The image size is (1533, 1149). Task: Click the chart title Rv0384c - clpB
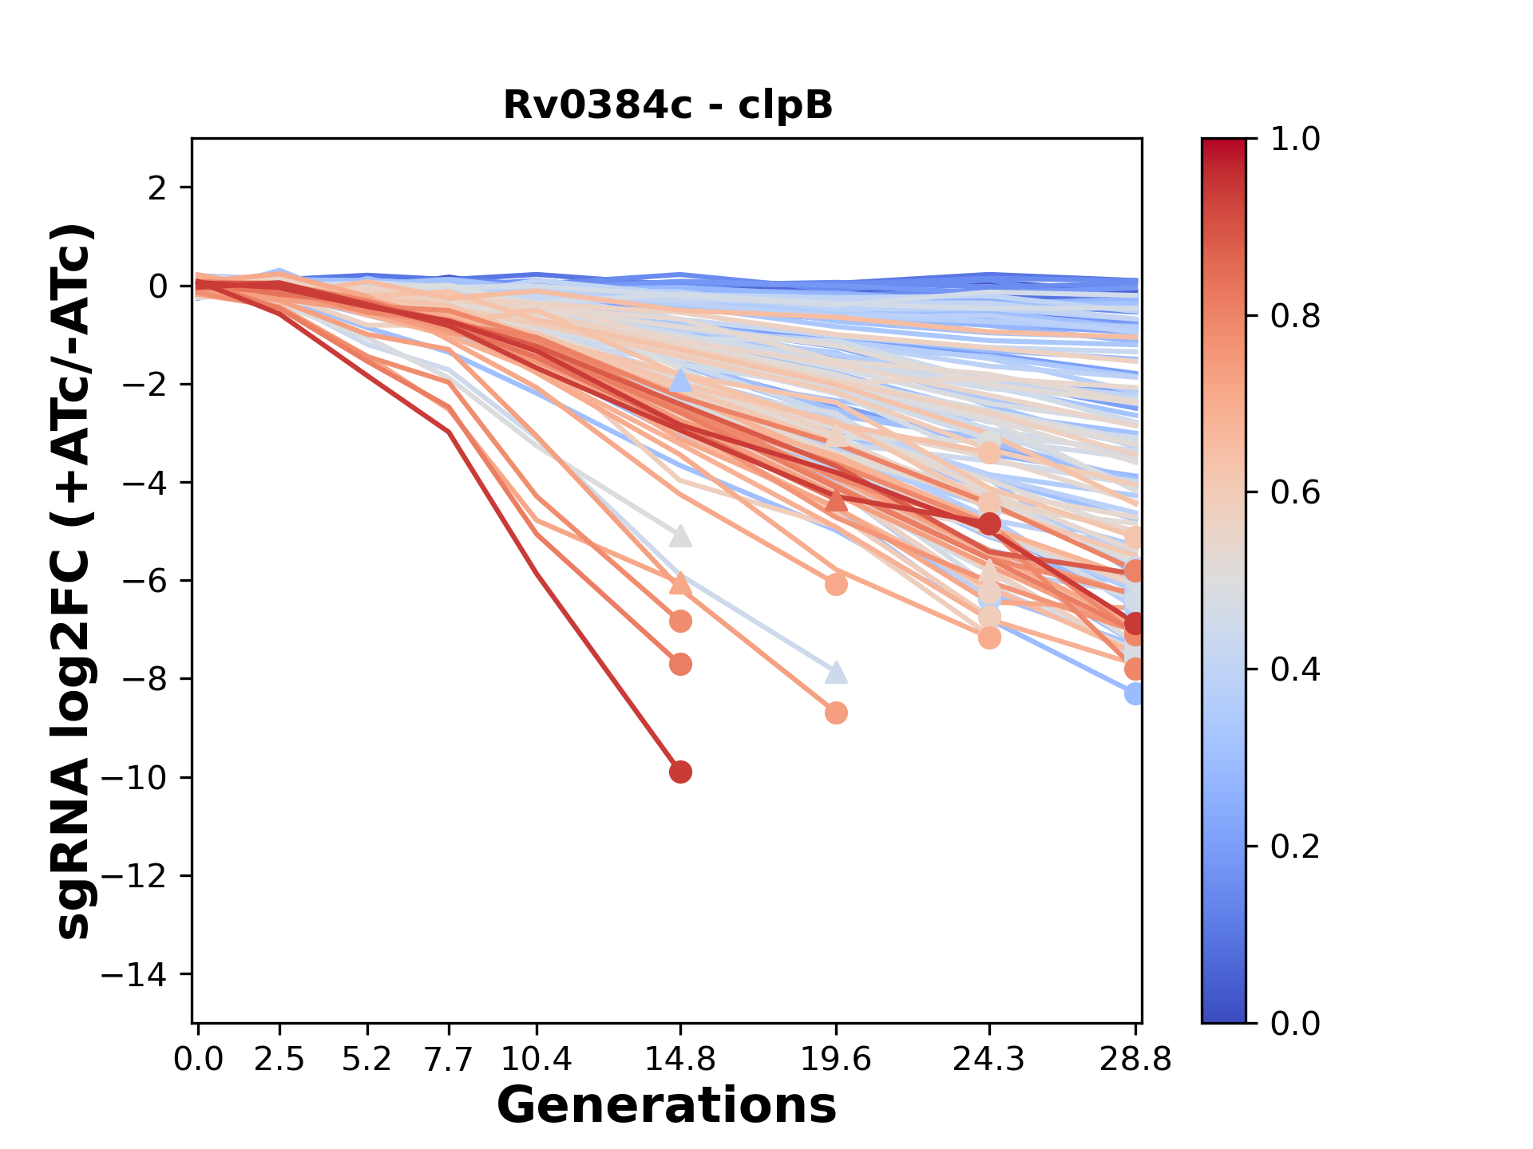click(667, 105)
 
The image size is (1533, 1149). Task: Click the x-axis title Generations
click(667, 1106)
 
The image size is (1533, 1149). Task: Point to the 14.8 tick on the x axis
click(680, 1060)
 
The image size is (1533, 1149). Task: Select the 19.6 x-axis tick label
click(836, 1060)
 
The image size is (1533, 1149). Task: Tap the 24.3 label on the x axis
click(989, 1060)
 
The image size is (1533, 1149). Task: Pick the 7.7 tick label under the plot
click(450, 1060)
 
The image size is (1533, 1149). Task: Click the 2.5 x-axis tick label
click(279, 1060)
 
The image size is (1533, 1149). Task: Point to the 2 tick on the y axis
click(157, 188)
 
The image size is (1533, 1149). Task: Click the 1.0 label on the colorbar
click(1295, 140)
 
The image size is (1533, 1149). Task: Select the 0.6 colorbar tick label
click(1295, 493)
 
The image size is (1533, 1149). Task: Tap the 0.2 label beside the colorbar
click(1295, 847)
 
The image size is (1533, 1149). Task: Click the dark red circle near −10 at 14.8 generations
click(680, 772)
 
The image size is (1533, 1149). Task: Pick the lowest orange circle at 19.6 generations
click(836, 713)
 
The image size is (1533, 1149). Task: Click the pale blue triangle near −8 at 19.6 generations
click(836, 673)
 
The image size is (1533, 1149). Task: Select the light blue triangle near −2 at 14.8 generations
click(680, 381)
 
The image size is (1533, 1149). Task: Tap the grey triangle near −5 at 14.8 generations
click(680, 536)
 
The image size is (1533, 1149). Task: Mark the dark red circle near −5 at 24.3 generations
click(989, 524)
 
